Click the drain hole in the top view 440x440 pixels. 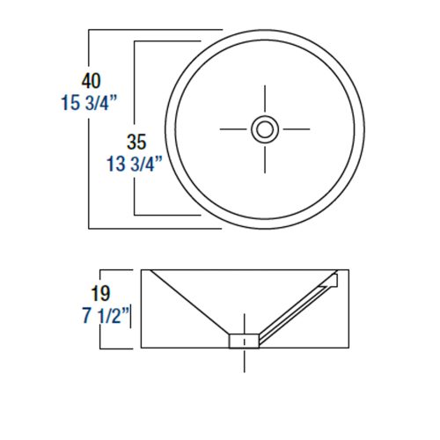coord(264,128)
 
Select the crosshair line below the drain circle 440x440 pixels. coord(264,158)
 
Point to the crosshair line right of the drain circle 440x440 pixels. coord(294,128)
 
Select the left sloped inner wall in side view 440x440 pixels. coord(189,304)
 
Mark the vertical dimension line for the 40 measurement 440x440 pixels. coord(91,128)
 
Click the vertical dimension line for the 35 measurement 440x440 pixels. coord(133,128)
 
